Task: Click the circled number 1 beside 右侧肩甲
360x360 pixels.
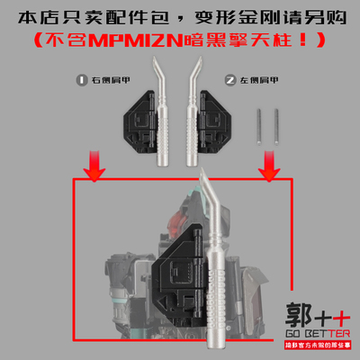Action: pyautogui.click(x=84, y=80)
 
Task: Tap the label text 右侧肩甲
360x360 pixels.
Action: pyautogui.click(x=106, y=80)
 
